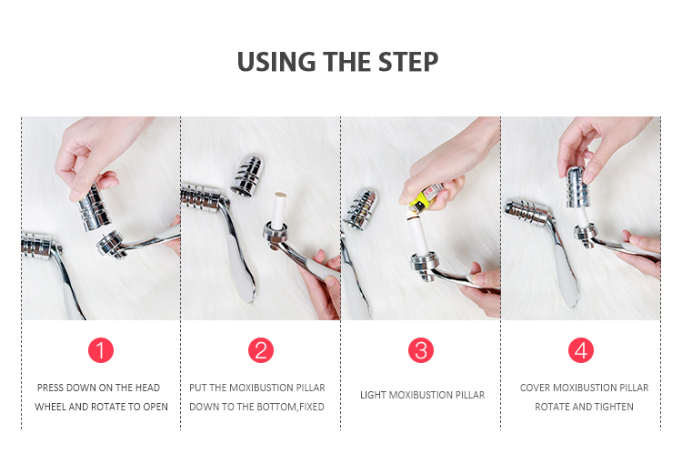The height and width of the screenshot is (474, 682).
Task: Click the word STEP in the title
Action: (408, 62)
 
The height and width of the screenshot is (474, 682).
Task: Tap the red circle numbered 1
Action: (101, 350)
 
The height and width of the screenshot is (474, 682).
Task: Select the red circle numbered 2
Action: (261, 350)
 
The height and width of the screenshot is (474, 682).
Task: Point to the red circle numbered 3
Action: (421, 350)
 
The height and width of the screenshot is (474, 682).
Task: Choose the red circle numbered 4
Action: (581, 350)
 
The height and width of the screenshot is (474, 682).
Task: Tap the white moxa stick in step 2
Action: (279, 210)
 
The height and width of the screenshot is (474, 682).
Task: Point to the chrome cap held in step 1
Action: (95, 207)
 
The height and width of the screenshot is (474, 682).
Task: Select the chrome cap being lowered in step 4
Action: (577, 187)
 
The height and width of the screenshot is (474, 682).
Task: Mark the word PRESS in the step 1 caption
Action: (50, 388)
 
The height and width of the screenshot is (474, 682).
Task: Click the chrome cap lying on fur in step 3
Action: (361, 208)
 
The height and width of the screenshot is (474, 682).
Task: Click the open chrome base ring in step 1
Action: (111, 245)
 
